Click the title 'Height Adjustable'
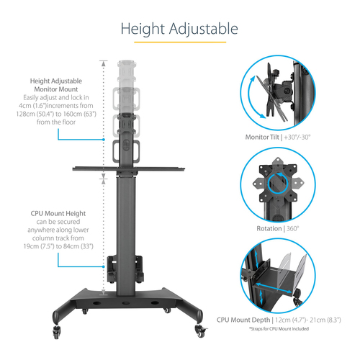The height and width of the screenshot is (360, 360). (x=179, y=30)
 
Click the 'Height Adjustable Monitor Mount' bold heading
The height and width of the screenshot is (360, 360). (x=60, y=86)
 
